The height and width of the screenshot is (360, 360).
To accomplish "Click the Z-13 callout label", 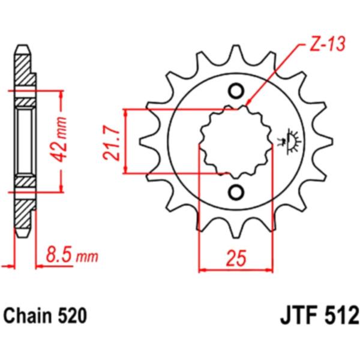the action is pos(328,44).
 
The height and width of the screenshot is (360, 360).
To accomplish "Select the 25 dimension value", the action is pos(236,258).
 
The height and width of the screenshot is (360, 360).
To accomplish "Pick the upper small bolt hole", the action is pos(236,91).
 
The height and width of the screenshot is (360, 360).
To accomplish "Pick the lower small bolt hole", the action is pos(236,192).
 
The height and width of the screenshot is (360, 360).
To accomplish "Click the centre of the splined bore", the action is pos(236,142).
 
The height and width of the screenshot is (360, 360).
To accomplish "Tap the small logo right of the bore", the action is pos(289,141).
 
